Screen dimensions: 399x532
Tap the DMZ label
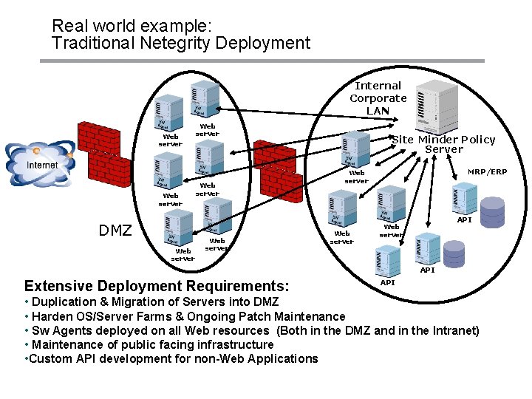coord(115,231)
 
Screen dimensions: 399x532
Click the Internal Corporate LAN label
coord(378,98)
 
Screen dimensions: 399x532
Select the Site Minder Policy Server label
coord(443,144)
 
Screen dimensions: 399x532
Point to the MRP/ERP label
coord(487,172)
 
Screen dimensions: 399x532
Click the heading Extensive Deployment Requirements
coord(157,286)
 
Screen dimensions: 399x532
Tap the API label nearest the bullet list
coord(387,283)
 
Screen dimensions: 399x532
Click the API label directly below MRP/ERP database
coord(464,220)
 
